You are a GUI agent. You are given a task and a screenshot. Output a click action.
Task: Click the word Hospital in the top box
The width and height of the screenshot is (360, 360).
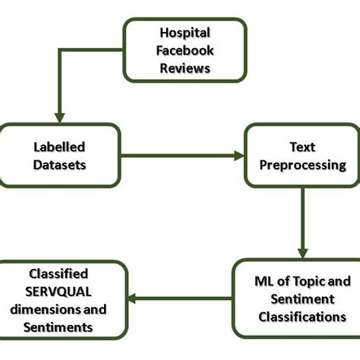point(185,33)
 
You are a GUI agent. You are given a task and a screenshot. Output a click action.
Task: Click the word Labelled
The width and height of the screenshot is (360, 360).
point(59,147)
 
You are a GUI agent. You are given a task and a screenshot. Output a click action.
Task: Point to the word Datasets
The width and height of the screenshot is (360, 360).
point(59,164)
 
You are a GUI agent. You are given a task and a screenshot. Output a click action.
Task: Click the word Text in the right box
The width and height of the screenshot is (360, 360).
point(302,147)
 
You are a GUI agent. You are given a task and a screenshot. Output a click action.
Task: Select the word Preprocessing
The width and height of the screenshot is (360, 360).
point(302,164)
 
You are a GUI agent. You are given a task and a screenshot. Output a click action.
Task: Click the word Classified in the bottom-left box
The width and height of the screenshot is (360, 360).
point(58,274)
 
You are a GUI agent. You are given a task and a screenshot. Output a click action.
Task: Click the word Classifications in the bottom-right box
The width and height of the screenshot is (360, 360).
point(302,317)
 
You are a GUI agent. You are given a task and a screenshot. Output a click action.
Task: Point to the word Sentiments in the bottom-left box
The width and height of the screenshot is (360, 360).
point(58,327)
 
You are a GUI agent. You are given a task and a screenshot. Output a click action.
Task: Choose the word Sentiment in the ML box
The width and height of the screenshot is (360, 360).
point(302,299)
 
